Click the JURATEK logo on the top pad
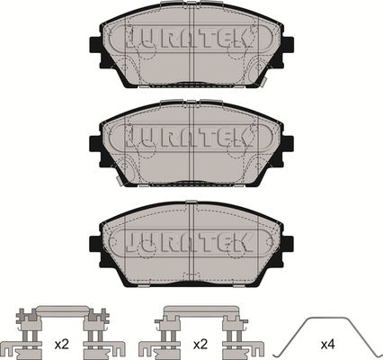tap(191, 39)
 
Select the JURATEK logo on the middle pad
tap(191, 137)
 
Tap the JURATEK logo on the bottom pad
tap(191, 241)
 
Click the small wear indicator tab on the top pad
tap(263, 81)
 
